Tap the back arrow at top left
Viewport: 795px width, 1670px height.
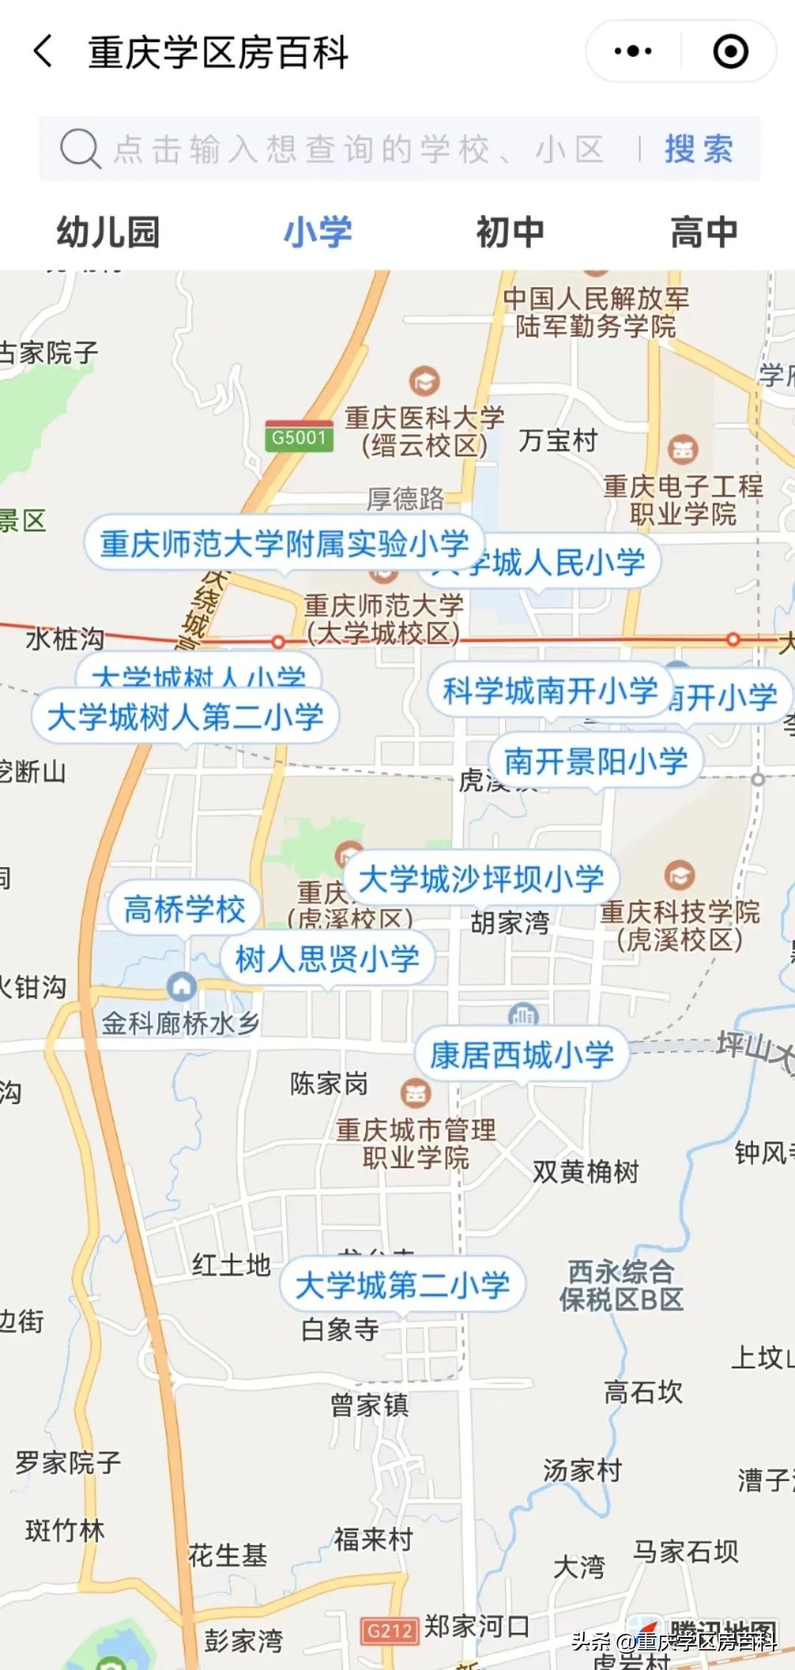click(x=43, y=52)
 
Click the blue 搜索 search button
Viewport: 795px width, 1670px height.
click(x=698, y=149)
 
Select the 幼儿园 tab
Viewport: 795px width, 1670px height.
click(x=108, y=233)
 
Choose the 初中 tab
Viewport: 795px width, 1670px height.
click(x=509, y=233)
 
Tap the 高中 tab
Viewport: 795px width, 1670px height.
click(x=703, y=233)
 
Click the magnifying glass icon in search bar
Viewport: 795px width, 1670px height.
click(x=79, y=149)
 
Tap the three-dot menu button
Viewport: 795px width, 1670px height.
click(x=633, y=52)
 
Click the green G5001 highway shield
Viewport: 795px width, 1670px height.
click(x=298, y=437)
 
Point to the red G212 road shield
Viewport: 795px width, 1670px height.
click(x=389, y=1631)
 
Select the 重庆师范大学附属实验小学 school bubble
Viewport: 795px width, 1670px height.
click(x=283, y=543)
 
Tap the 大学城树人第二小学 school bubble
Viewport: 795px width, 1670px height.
click(x=185, y=717)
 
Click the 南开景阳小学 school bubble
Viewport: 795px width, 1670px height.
click(x=596, y=761)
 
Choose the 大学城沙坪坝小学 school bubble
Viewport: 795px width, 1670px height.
click(x=481, y=879)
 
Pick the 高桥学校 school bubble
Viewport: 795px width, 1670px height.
click(x=184, y=909)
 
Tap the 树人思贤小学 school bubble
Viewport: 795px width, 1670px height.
click(x=327, y=959)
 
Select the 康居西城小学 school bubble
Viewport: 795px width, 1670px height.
click(x=521, y=1055)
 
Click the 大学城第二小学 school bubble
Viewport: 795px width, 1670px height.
click(x=402, y=1285)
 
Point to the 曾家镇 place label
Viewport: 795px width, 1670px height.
click(x=370, y=1404)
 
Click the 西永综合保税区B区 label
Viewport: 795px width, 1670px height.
click(x=621, y=1285)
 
